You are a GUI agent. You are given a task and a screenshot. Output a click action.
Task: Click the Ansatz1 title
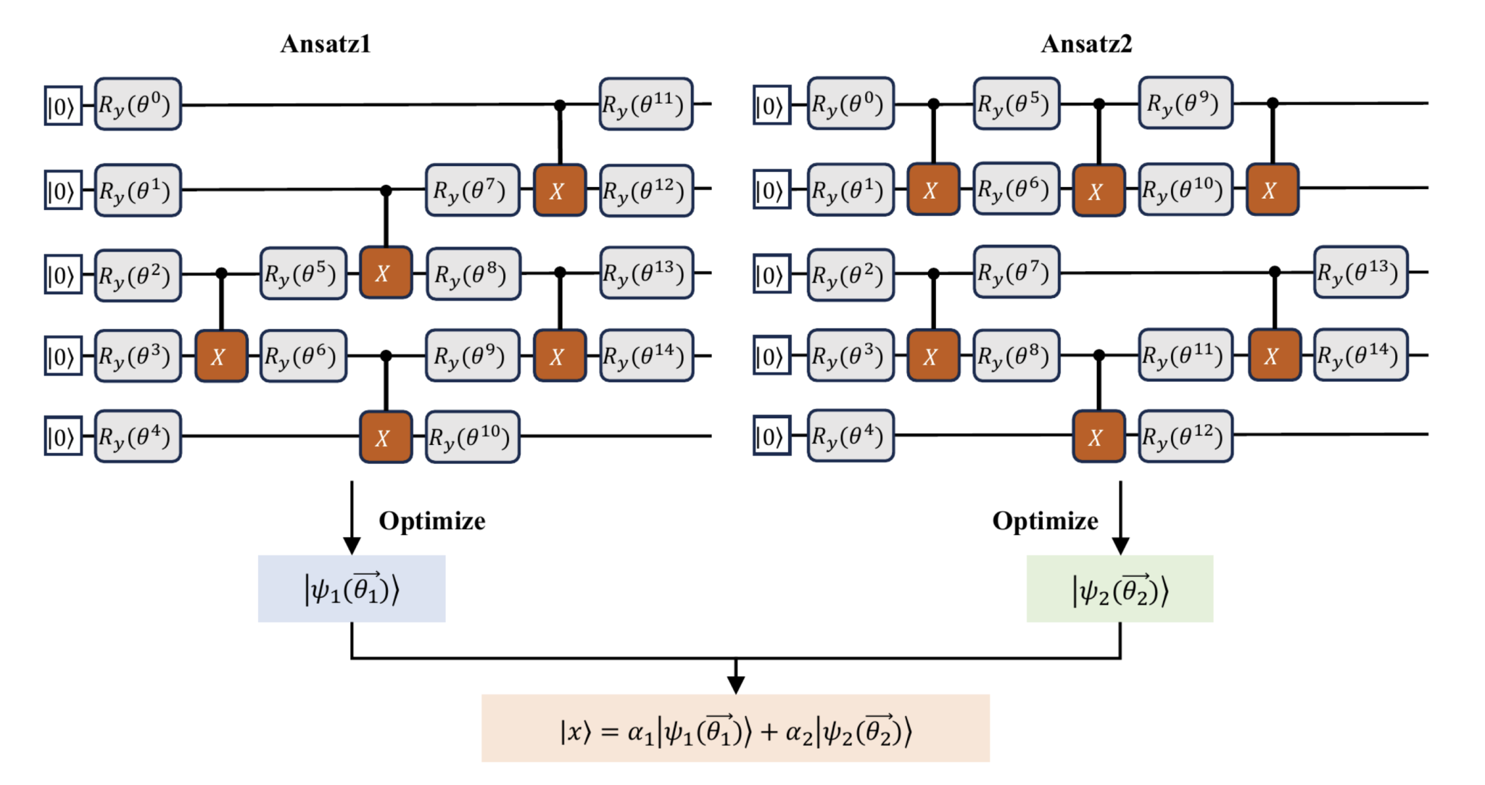(326, 44)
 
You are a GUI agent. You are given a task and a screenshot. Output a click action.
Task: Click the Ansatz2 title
(1086, 44)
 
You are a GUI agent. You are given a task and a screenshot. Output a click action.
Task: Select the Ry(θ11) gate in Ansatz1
(645, 104)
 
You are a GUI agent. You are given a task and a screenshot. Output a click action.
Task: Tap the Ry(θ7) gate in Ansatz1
(472, 190)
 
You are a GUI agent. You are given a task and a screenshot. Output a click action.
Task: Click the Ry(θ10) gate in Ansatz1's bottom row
(472, 437)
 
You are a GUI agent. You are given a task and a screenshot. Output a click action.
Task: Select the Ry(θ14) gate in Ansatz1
(645, 356)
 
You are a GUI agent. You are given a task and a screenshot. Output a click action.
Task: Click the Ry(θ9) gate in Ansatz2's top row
(1185, 103)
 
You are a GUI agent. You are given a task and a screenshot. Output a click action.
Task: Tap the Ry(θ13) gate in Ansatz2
(1360, 273)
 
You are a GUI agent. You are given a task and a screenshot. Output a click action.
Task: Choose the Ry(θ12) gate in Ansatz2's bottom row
(1185, 436)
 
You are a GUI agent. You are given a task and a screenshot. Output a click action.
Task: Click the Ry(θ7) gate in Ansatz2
(1016, 273)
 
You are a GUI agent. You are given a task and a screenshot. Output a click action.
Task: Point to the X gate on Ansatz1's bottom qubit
(385, 437)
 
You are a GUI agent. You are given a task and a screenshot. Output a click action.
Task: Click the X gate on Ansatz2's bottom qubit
(1098, 437)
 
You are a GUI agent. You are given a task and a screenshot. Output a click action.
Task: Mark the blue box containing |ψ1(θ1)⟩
(352, 589)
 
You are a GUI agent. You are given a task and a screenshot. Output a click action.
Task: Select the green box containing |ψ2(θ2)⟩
(1120, 589)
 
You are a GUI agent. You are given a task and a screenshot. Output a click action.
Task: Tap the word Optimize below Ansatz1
(432, 520)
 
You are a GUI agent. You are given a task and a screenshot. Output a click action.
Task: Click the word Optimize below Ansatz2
(1045, 520)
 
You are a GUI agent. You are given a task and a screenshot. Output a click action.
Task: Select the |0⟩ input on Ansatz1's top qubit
(62, 106)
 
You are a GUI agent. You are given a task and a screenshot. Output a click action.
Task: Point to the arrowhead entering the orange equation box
(735, 684)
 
